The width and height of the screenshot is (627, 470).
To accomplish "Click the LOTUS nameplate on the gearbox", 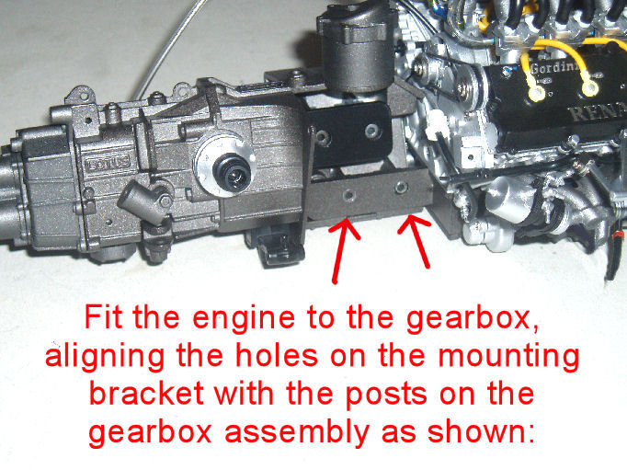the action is click(x=108, y=162).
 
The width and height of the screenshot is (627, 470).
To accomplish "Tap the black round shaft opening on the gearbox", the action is click(x=232, y=172).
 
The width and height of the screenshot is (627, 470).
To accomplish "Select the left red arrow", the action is click(x=342, y=250).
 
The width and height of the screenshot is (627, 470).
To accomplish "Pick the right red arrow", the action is click(x=415, y=241).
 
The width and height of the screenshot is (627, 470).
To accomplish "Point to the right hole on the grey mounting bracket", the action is click(x=401, y=187).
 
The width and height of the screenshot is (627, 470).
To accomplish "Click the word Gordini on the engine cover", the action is click(x=553, y=67).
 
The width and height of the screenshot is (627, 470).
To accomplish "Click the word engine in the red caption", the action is click(x=244, y=319).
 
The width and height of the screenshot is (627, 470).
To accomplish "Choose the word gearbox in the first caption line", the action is click(x=473, y=319).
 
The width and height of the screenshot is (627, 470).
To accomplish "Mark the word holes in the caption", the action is click(x=277, y=355).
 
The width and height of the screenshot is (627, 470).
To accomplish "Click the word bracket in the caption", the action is click(x=146, y=394).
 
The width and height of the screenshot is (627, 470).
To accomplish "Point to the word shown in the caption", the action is click(x=482, y=431).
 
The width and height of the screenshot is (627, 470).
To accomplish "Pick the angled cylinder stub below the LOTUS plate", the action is click(x=142, y=203).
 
